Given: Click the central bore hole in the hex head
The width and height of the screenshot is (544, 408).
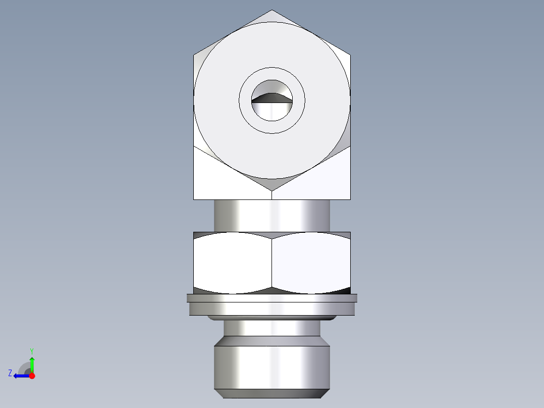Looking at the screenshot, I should click(272, 101).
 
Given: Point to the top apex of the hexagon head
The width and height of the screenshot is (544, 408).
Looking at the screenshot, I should click(272, 11).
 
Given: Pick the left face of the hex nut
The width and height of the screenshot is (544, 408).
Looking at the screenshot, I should click(232, 263).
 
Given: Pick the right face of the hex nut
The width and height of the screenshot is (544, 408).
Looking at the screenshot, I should click(311, 263).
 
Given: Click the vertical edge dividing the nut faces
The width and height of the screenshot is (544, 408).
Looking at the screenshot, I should click(272, 263).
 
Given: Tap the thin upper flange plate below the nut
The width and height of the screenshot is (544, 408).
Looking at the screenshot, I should click(272, 298).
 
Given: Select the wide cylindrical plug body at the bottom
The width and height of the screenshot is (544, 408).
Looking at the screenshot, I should click(272, 367).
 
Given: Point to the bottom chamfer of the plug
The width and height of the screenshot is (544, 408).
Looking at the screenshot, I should click(272, 393).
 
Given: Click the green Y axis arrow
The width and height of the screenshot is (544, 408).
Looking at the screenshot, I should click(32, 364).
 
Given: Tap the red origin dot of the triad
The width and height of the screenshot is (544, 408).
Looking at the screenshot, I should click(32, 376).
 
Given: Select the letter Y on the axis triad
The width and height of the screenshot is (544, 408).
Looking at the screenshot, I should click(31, 350).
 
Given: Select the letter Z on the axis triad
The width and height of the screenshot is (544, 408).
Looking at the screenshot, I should click(10, 373).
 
